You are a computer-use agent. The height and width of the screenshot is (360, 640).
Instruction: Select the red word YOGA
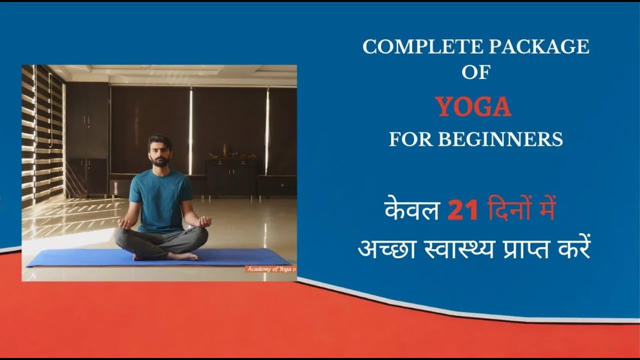point(473,106)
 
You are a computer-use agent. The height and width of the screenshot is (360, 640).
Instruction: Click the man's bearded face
point(159,151)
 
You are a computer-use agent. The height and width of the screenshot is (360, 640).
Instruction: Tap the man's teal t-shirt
point(160,200)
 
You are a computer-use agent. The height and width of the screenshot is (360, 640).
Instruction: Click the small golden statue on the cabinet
point(225,151)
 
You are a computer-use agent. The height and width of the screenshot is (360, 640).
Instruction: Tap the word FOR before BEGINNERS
point(410,139)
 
